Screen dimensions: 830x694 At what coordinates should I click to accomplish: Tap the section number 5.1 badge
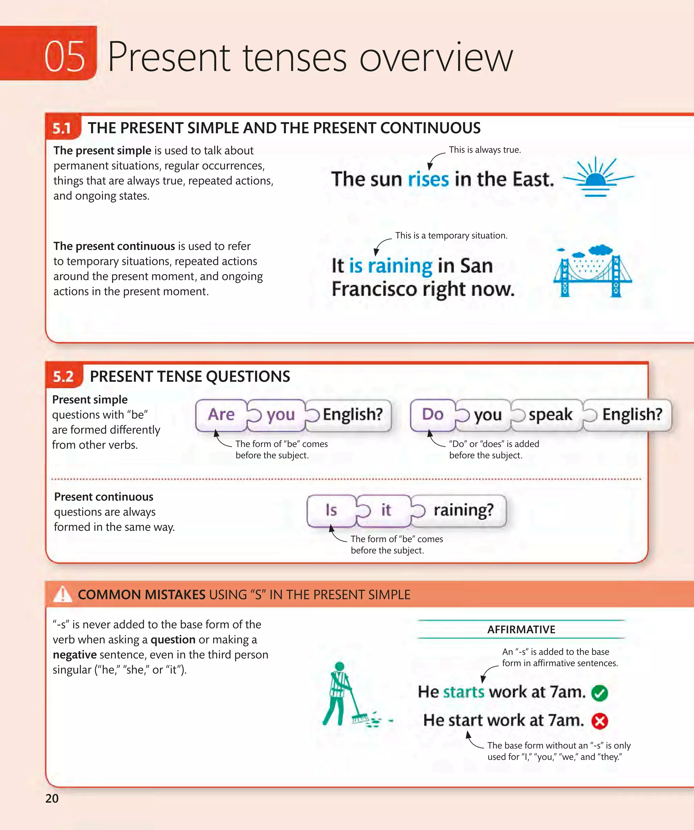pyautogui.click(x=62, y=129)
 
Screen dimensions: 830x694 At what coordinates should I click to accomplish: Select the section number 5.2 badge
pyautogui.click(x=63, y=377)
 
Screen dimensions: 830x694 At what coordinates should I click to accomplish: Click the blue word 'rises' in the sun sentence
pyautogui.click(x=428, y=179)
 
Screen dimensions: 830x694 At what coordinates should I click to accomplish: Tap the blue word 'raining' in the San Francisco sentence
pyautogui.click(x=400, y=266)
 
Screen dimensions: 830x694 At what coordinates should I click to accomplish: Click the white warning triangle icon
pyautogui.click(x=62, y=595)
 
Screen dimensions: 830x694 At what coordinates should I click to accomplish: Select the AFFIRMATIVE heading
pyautogui.click(x=521, y=630)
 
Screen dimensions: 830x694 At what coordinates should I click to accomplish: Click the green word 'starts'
pyautogui.click(x=464, y=692)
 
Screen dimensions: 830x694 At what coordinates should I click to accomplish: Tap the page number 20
pyautogui.click(x=52, y=798)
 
